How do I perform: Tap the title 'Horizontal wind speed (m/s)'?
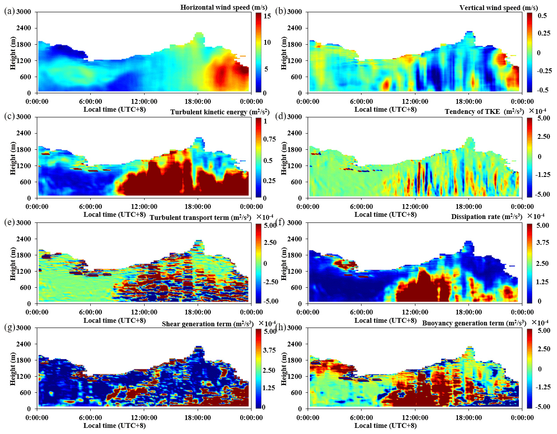point(224,7)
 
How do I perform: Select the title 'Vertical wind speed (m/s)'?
point(498,8)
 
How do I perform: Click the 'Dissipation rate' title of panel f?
point(486,217)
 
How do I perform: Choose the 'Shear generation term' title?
point(207,324)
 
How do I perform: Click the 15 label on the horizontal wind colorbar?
point(267,16)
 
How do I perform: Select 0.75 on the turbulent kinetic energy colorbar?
point(269,139)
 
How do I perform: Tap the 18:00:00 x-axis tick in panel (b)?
point(468,102)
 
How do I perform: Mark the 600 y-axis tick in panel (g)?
point(25,392)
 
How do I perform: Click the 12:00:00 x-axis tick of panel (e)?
point(144,312)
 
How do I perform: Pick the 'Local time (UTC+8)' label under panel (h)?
point(385,425)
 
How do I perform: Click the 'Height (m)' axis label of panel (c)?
point(13,157)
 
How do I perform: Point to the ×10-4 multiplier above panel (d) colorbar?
point(537,110)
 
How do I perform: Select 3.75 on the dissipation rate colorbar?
point(543,243)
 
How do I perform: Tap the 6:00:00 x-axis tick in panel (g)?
point(91,418)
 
